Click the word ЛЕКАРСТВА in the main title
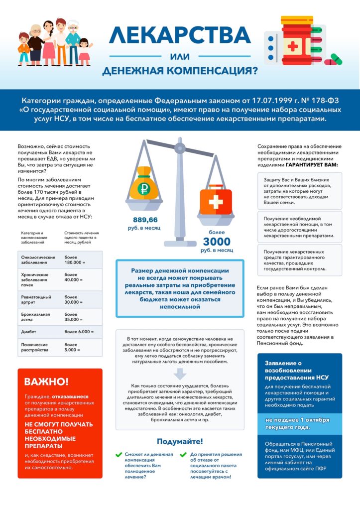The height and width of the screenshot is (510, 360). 180,35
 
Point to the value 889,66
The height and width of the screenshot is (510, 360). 145,220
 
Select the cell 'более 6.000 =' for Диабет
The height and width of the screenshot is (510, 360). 79,331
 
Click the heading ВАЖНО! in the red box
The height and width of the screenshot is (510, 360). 47,382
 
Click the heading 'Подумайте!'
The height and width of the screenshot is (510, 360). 180,441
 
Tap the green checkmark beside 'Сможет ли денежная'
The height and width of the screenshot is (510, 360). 119,454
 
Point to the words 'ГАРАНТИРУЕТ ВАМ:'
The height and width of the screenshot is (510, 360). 312,165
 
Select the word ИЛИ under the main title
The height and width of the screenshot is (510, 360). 180,56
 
